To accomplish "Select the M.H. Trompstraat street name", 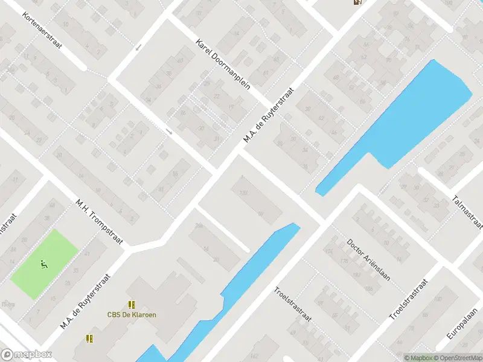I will (x=100, y=222).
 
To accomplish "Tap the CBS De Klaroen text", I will (x=132, y=314).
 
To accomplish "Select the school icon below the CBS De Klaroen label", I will (x=90, y=338).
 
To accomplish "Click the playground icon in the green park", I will (x=44, y=264).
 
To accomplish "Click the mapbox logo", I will (x=27, y=355).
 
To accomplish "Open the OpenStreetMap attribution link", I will (x=458, y=358).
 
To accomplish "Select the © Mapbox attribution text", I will (x=418, y=358).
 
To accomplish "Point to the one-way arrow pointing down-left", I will (x=139, y=48).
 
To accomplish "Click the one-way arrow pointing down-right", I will (x=170, y=132).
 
